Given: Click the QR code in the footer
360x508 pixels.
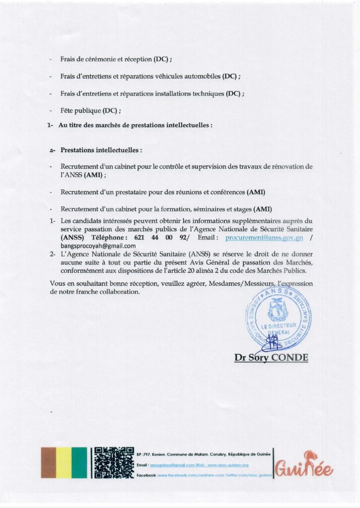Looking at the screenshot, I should pos(114,462).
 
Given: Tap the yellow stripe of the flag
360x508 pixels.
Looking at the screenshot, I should pos(64,462).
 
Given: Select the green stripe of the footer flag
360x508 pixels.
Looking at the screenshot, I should pos(79,462).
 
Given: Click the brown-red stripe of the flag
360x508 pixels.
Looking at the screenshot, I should pos(49,462).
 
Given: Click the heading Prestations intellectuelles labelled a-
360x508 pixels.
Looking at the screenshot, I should pos(101,149).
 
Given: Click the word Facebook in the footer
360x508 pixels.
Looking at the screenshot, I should pos(146,476).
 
